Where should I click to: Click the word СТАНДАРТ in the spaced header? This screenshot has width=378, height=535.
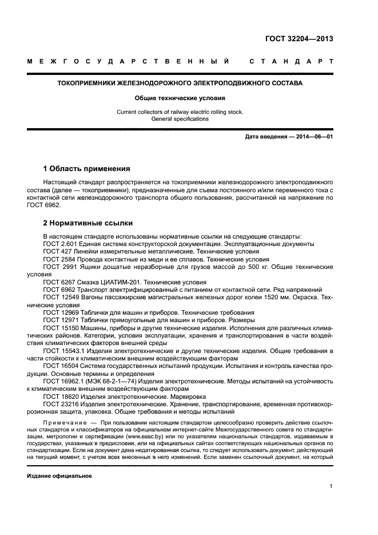click(291, 61)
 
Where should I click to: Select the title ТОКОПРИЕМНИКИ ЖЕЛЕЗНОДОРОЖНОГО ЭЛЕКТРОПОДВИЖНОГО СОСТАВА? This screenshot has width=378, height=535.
click(180, 83)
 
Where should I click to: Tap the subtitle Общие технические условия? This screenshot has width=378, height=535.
click(180, 98)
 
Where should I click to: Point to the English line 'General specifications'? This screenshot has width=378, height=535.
click(180, 119)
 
